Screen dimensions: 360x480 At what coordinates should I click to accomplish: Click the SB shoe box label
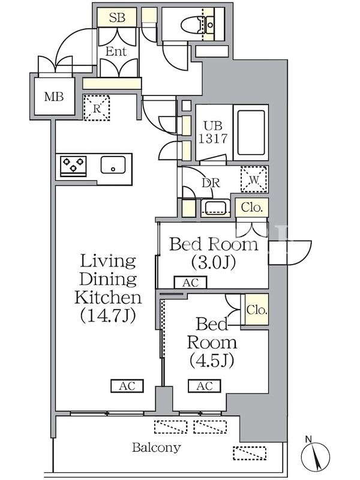tap(117, 17)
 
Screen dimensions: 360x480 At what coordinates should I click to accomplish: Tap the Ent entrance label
tap(116, 52)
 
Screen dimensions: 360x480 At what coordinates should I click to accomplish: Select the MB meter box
tap(54, 97)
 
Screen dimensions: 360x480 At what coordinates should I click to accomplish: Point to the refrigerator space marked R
tap(97, 108)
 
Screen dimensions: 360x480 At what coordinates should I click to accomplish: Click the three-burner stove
tap(73, 166)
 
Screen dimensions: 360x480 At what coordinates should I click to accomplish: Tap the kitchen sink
tap(113, 165)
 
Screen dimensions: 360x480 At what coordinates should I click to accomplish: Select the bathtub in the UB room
tap(251, 133)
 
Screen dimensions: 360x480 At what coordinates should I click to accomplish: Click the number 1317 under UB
tap(214, 139)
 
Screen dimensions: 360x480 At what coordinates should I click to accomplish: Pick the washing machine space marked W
tap(254, 179)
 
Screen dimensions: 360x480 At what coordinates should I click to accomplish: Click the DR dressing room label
tap(211, 183)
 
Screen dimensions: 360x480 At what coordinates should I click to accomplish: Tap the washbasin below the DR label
tap(215, 208)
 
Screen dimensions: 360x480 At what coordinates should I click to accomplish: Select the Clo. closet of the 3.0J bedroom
tap(251, 208)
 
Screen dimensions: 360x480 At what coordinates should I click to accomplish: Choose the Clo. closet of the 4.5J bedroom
tap(257, 310)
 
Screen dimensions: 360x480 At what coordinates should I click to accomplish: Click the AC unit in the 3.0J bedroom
tap(190, 282)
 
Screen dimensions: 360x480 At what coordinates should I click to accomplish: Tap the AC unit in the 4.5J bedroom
tap(205, 386)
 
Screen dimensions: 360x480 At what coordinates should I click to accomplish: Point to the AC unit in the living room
tap(127, 386)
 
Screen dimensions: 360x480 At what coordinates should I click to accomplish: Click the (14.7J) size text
tap(108, 316)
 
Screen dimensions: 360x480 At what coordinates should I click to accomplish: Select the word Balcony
tap(157, 448)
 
